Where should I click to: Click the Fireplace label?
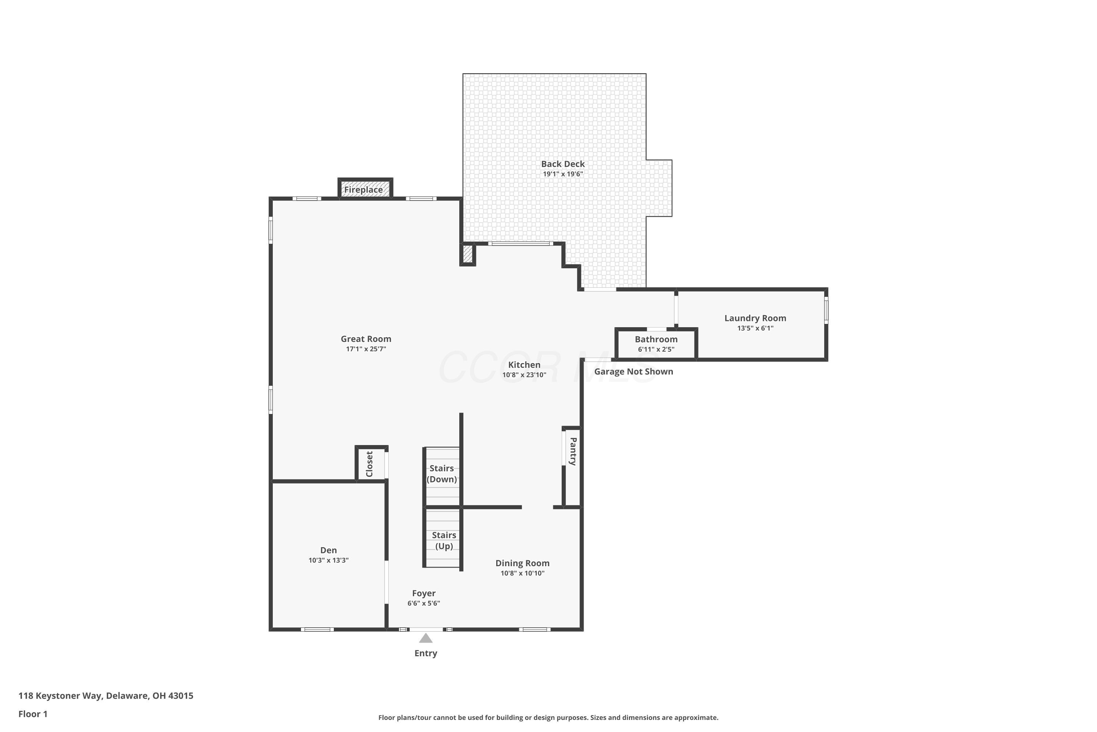(363, 190)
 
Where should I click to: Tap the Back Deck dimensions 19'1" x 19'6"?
(563, 174)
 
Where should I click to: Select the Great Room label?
(366, 339)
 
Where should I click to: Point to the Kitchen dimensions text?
(524, 375)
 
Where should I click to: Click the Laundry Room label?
(755, 318)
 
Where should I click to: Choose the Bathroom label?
(656, 339)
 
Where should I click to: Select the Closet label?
(369, 464)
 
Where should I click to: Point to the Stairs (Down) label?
(442, 474)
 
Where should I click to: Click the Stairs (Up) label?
(444, 541)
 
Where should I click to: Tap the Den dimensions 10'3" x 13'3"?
(328, 560)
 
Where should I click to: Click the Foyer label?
(423, 593)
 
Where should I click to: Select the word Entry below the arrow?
(426, 654)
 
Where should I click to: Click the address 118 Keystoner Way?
(60, 696)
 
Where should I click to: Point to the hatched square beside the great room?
(467, 254)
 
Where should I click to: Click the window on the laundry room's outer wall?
(826, 310)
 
